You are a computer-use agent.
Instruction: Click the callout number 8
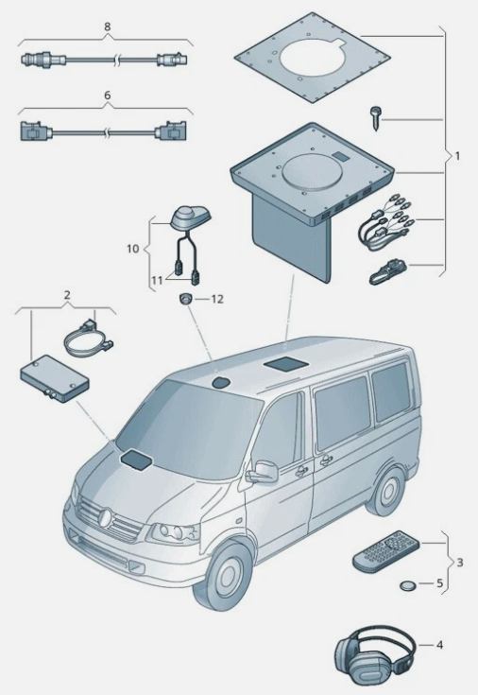click(x=107, y=26)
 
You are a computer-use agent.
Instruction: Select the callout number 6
click(x=107, y=96)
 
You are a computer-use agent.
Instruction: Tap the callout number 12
click(x=217, y=299)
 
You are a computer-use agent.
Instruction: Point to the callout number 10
click(x=133, y=249)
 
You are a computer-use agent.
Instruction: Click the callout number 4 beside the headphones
click(x=439, y=645)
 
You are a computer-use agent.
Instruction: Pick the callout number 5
click(x=439, y=582)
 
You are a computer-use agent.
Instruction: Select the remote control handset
click(x=385, y=552)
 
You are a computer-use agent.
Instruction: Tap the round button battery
click(x=407, y=586)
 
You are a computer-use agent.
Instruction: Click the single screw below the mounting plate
click(x=375, y=117)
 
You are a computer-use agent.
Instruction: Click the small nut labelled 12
click(x=185, y=298)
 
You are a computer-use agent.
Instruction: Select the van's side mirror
click(x=263, y=472)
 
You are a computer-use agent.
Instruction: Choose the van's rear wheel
click(x=386, y=491)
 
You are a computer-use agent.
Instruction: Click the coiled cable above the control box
click(x=90, y=339)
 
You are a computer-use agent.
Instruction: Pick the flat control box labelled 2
click(x=55, y=378)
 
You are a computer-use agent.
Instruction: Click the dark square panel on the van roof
click(x=285, y=364)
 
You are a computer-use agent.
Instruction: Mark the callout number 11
click(x=157, y=281)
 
